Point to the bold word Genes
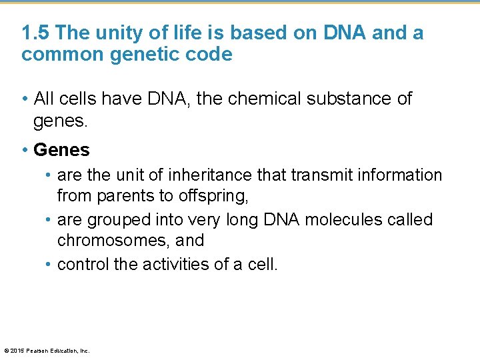pyautogui.click(x=61, y=150)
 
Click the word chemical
pyautogui.click(x=254, y=99)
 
